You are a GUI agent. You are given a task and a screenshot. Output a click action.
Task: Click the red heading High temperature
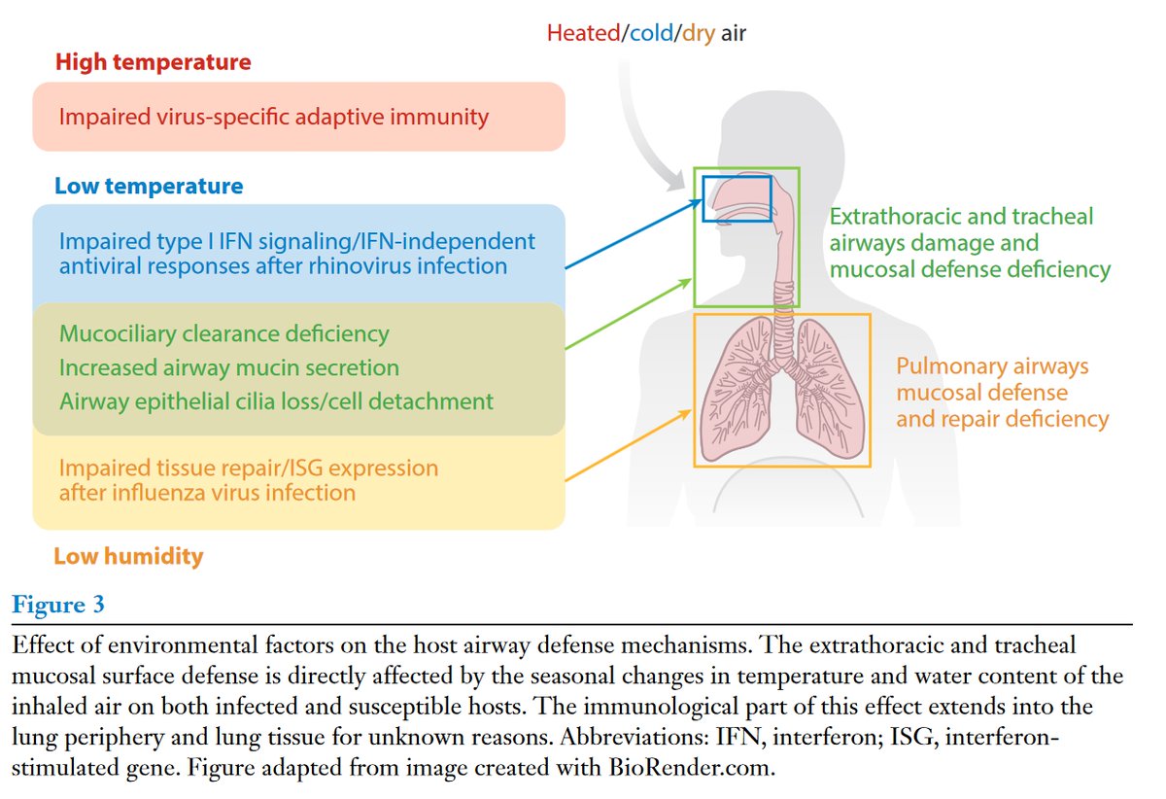click(153, 62)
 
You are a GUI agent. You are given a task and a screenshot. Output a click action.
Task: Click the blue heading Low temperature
click(149, 186)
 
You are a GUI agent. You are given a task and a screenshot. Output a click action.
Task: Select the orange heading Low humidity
click(128, 556)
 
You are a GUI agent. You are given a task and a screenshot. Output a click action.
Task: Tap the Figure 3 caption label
click(58, 605)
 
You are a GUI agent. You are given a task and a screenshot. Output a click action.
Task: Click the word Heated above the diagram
click(583, 33)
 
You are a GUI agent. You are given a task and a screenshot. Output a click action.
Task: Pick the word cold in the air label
click(652, 33)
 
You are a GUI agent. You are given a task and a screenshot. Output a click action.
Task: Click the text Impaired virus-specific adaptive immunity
click(273, 117)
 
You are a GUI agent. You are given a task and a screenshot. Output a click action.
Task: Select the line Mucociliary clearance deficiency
click(224, 334)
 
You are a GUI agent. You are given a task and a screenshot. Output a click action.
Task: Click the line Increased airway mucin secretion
click(229, 367)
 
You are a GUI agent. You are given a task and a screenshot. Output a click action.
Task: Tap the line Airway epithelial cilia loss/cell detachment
click(276, 400)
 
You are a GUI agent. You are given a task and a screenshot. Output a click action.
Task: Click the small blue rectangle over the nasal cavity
click(737, 197)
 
